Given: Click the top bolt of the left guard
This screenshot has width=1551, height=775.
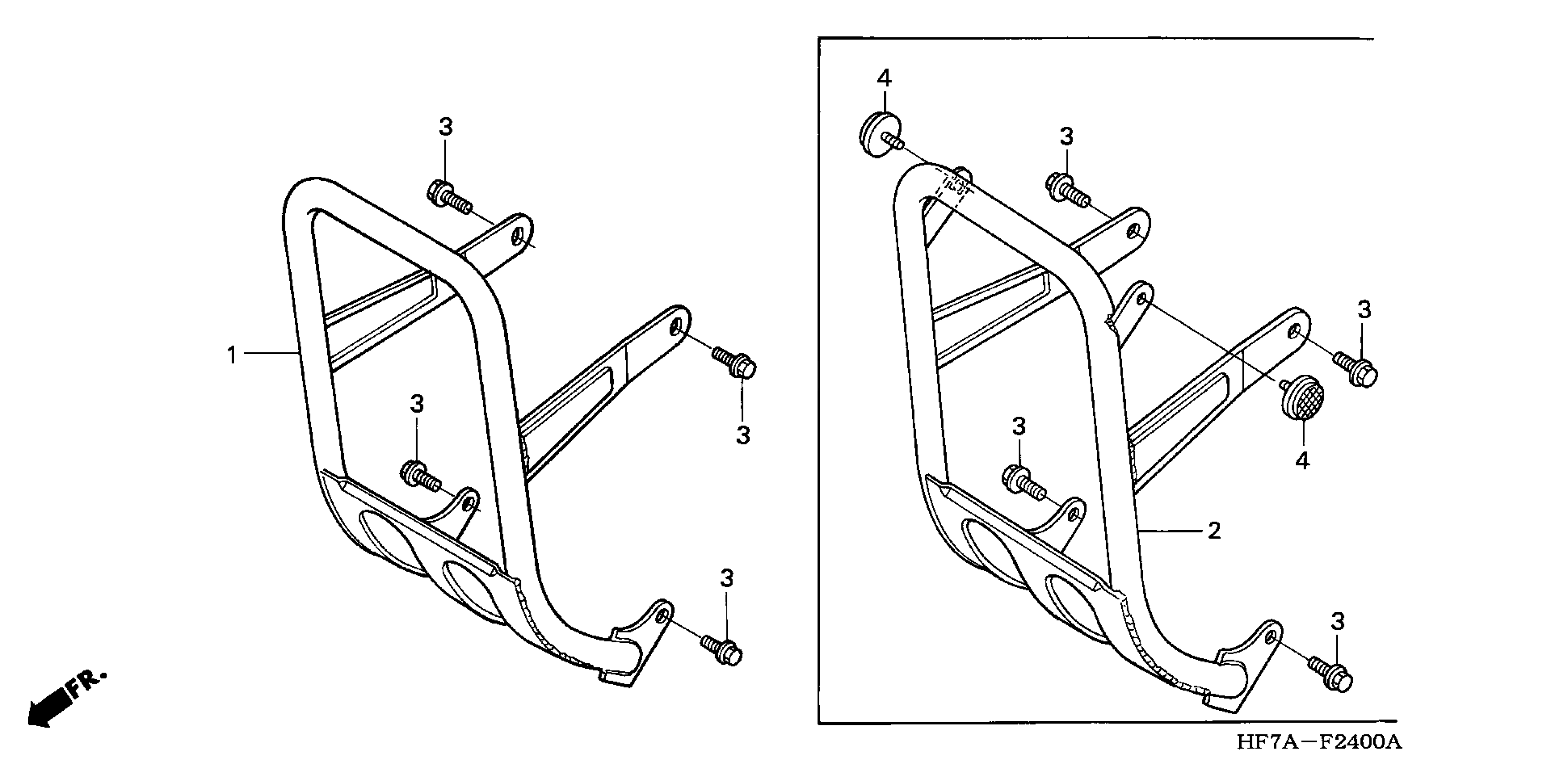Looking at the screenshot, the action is (x=446, y=196).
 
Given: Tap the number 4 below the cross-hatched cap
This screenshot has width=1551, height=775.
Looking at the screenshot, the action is (x=1302, y=461).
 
